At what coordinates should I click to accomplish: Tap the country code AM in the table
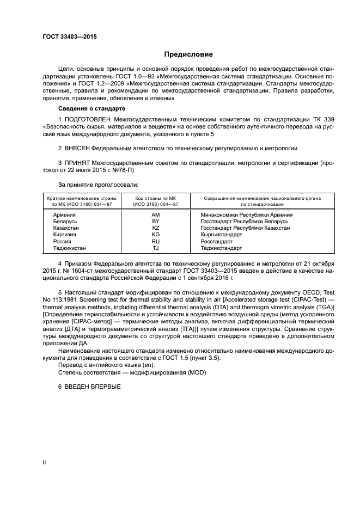155,215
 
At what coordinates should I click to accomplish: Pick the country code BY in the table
155,222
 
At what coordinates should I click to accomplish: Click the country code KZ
155,228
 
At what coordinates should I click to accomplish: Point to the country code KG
155,235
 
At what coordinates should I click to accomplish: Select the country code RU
155,241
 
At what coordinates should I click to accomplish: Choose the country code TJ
155,248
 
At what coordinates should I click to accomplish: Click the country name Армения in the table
64,215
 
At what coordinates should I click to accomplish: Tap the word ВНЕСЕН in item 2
77,148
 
